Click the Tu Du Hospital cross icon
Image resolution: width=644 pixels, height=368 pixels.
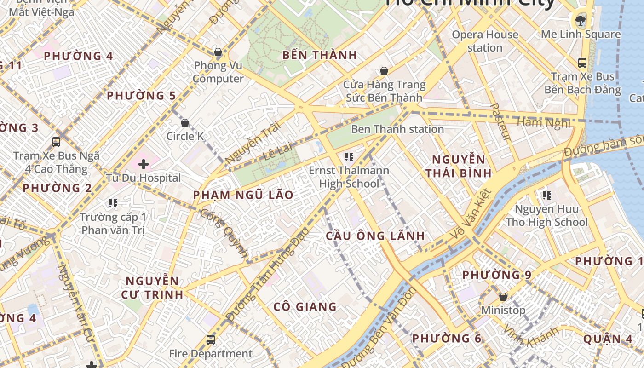click(x=144, y=164)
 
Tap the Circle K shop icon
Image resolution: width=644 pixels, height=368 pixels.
click(x=185, y=123)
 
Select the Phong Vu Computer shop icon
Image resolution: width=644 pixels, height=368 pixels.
click(x=218, y=52)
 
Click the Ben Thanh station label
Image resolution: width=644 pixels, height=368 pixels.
click(x=397, y=129)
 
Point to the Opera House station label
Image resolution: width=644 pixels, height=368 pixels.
click(x=485, y=41)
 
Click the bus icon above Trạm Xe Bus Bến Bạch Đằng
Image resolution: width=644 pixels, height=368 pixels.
click(x=582, y=63)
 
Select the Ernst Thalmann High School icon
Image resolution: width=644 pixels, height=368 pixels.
click(x=349, y=157)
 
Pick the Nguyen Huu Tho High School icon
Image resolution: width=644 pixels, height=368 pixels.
click(x=546, y=195)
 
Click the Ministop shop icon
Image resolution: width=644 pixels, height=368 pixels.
click(x=503, y=297)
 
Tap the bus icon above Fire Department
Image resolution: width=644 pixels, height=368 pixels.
click(x=211, y=340)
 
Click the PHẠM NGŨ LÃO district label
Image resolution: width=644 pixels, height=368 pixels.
click(x=243, y=195)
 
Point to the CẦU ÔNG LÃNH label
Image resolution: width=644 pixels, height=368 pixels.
click(x=375, y=236)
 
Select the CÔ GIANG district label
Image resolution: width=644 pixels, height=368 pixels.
click(x=305, y=307)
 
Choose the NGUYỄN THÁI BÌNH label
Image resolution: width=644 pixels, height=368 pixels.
click(x=458, y=167)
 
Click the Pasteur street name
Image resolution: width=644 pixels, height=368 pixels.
click(x=500, y=122)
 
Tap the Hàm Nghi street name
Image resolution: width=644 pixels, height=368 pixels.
click(x=543, y=123)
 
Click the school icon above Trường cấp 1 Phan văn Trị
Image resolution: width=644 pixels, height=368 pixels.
click(x=113, y=203)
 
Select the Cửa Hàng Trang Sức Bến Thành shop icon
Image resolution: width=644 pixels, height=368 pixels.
click(x=384, y=71)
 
